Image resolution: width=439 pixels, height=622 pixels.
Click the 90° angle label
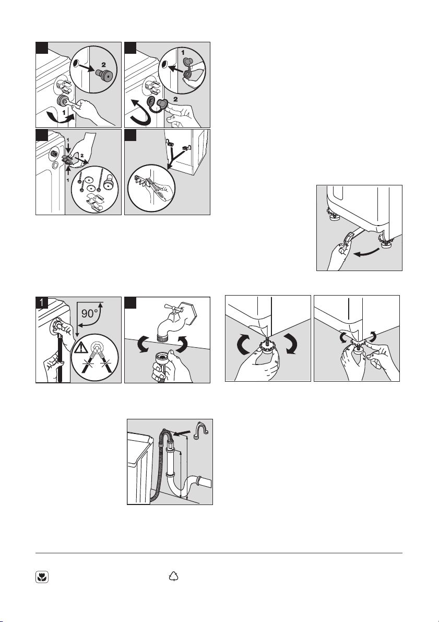90,313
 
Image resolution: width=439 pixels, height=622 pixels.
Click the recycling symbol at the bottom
174,577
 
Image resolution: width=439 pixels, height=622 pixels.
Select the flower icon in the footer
41,577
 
